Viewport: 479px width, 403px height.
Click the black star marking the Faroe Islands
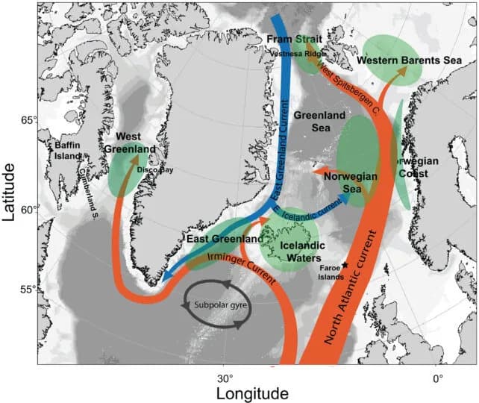tap(345, 266)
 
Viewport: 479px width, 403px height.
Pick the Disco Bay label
tap(155, 169)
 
